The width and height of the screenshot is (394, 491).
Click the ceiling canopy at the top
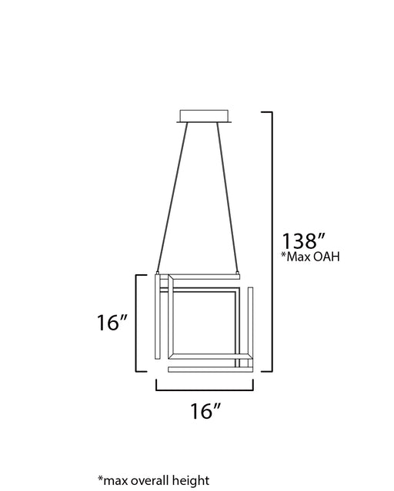[204, 116]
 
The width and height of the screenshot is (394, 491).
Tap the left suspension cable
[172, 197]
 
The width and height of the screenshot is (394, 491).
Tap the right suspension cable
[228, 197]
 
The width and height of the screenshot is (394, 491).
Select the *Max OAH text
[310, 257]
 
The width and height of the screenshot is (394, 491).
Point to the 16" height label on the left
[112, 323]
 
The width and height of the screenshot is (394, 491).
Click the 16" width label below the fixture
[205, 411]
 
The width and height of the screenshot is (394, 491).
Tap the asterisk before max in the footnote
[100, 478]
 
